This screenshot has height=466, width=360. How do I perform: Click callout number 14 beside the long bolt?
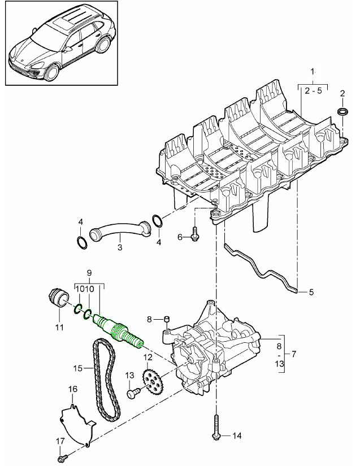236,435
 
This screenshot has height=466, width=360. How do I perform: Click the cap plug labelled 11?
57,298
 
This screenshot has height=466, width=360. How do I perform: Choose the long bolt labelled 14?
216,427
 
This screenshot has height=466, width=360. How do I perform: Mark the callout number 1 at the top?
313,72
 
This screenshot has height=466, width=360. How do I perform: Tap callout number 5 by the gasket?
310,292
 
